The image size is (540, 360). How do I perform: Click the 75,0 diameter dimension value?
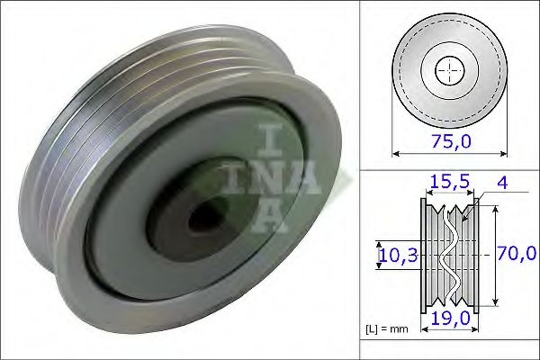coord(450,141)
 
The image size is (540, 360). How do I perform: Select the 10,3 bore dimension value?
coord(398,256)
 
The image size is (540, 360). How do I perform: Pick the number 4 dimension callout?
coord(502,182)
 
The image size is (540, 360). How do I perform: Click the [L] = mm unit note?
coord(388,328)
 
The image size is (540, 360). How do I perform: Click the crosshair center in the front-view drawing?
coord(450,70)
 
